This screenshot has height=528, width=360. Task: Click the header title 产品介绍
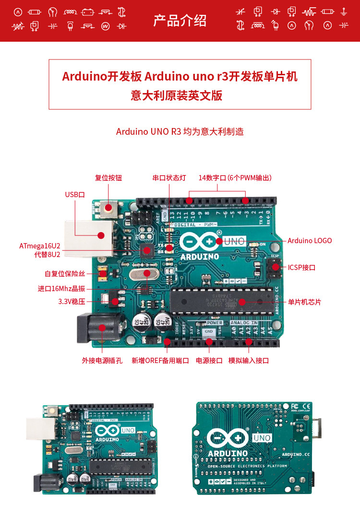pyautogui.click(x=180, y=21)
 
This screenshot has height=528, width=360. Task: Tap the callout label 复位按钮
pyautogui.click(x=108, y=178)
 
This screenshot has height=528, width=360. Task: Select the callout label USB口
pyautogui.click(x=75, y=194)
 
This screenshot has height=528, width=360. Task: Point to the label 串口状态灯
pyautogui.click(x=169, y=178)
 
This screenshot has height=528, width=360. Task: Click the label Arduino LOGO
pyautogui.click(x=310, y=241)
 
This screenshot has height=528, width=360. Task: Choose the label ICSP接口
pyautogui.click(x=301, y=267)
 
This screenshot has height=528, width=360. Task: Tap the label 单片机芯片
pyautogui.click(x=304, y=302)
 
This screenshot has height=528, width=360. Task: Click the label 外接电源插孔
pyautogui.click(x=102, y=361)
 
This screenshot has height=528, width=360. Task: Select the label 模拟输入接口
pyautogui.click(x=248, y=361)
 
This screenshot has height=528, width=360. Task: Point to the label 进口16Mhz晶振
pyautogui.click(x=61, y=289)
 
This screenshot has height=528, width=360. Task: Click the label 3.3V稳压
pyautogui.click(x=72, y=302)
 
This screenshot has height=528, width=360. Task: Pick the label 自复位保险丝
pyautogui.click(x=65, y=274)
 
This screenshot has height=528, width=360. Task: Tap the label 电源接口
pyautogui.click(x=209, y=361)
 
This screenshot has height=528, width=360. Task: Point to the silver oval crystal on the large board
pyautogui.click(x=143, y=274)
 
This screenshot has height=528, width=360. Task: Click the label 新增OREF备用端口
pyautogui.click(x=160, y=361)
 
